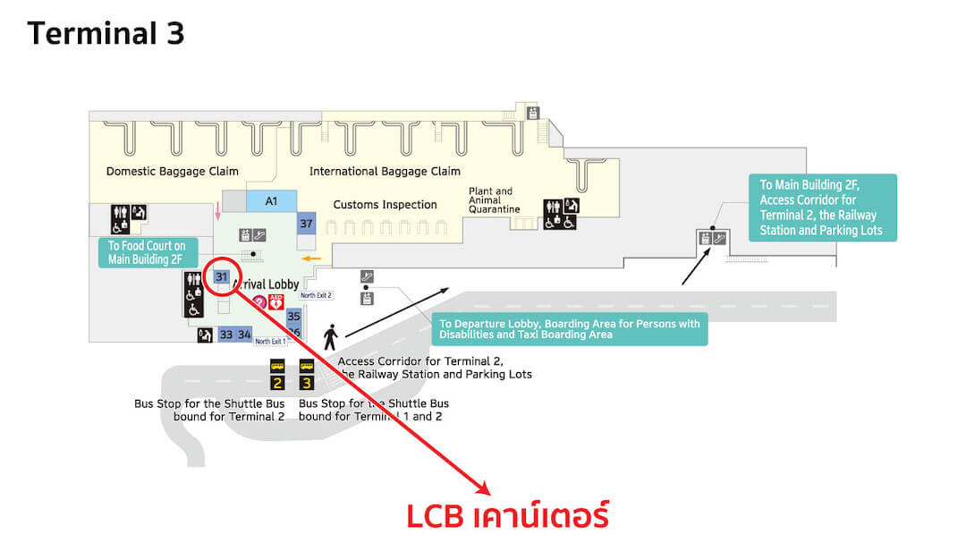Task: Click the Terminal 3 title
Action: click(x=106, y=33)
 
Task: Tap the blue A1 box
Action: click(x=271, y=201)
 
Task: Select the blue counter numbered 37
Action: click(x=306, y=224)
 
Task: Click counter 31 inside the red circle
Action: click(x=222, y=276)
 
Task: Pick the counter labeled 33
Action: click(x=226, y=335)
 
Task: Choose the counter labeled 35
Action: click(x=293, y=317)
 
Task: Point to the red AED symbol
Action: click(x=275, y=302)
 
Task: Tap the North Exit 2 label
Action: click(x=316, y=295)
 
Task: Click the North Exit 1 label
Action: click(x=270, y=342)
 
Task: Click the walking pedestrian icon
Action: click(x=330, y=336)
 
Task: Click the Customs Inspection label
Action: click(x=385, y=205)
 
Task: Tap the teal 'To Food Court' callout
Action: click(x=146, y=252)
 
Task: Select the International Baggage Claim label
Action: click(x=385, y=171)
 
